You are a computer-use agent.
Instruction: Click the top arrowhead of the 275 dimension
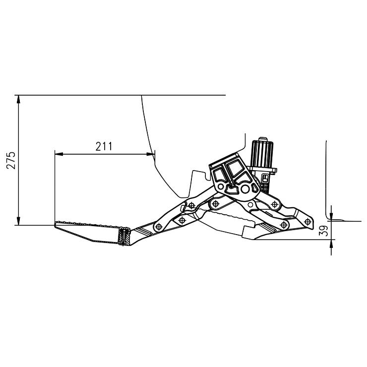coord(19,99)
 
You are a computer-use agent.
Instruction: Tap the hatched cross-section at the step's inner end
coord(124,236)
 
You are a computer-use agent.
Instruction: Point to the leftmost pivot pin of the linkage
coord(158,227)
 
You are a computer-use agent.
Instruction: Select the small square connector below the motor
coord(265,177)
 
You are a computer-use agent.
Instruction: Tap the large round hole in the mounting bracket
coord(245,189)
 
